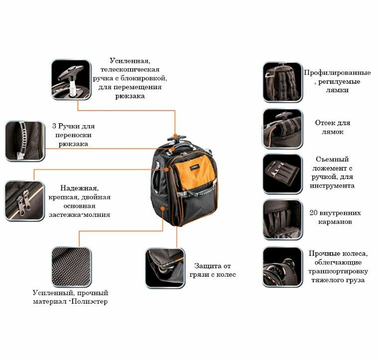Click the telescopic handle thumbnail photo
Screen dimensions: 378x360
71,80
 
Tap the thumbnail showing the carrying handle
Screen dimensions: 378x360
25,141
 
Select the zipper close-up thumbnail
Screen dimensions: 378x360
25,200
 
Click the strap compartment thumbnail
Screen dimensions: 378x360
282,129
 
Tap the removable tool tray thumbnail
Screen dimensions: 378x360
282,174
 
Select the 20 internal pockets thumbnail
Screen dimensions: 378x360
282,220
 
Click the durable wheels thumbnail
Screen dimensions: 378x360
282,267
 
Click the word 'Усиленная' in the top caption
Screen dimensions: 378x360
130,61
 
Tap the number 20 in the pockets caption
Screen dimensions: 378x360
314,213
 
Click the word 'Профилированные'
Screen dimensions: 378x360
337,72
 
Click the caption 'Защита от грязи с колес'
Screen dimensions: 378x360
212,270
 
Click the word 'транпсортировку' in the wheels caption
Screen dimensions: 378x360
338,271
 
